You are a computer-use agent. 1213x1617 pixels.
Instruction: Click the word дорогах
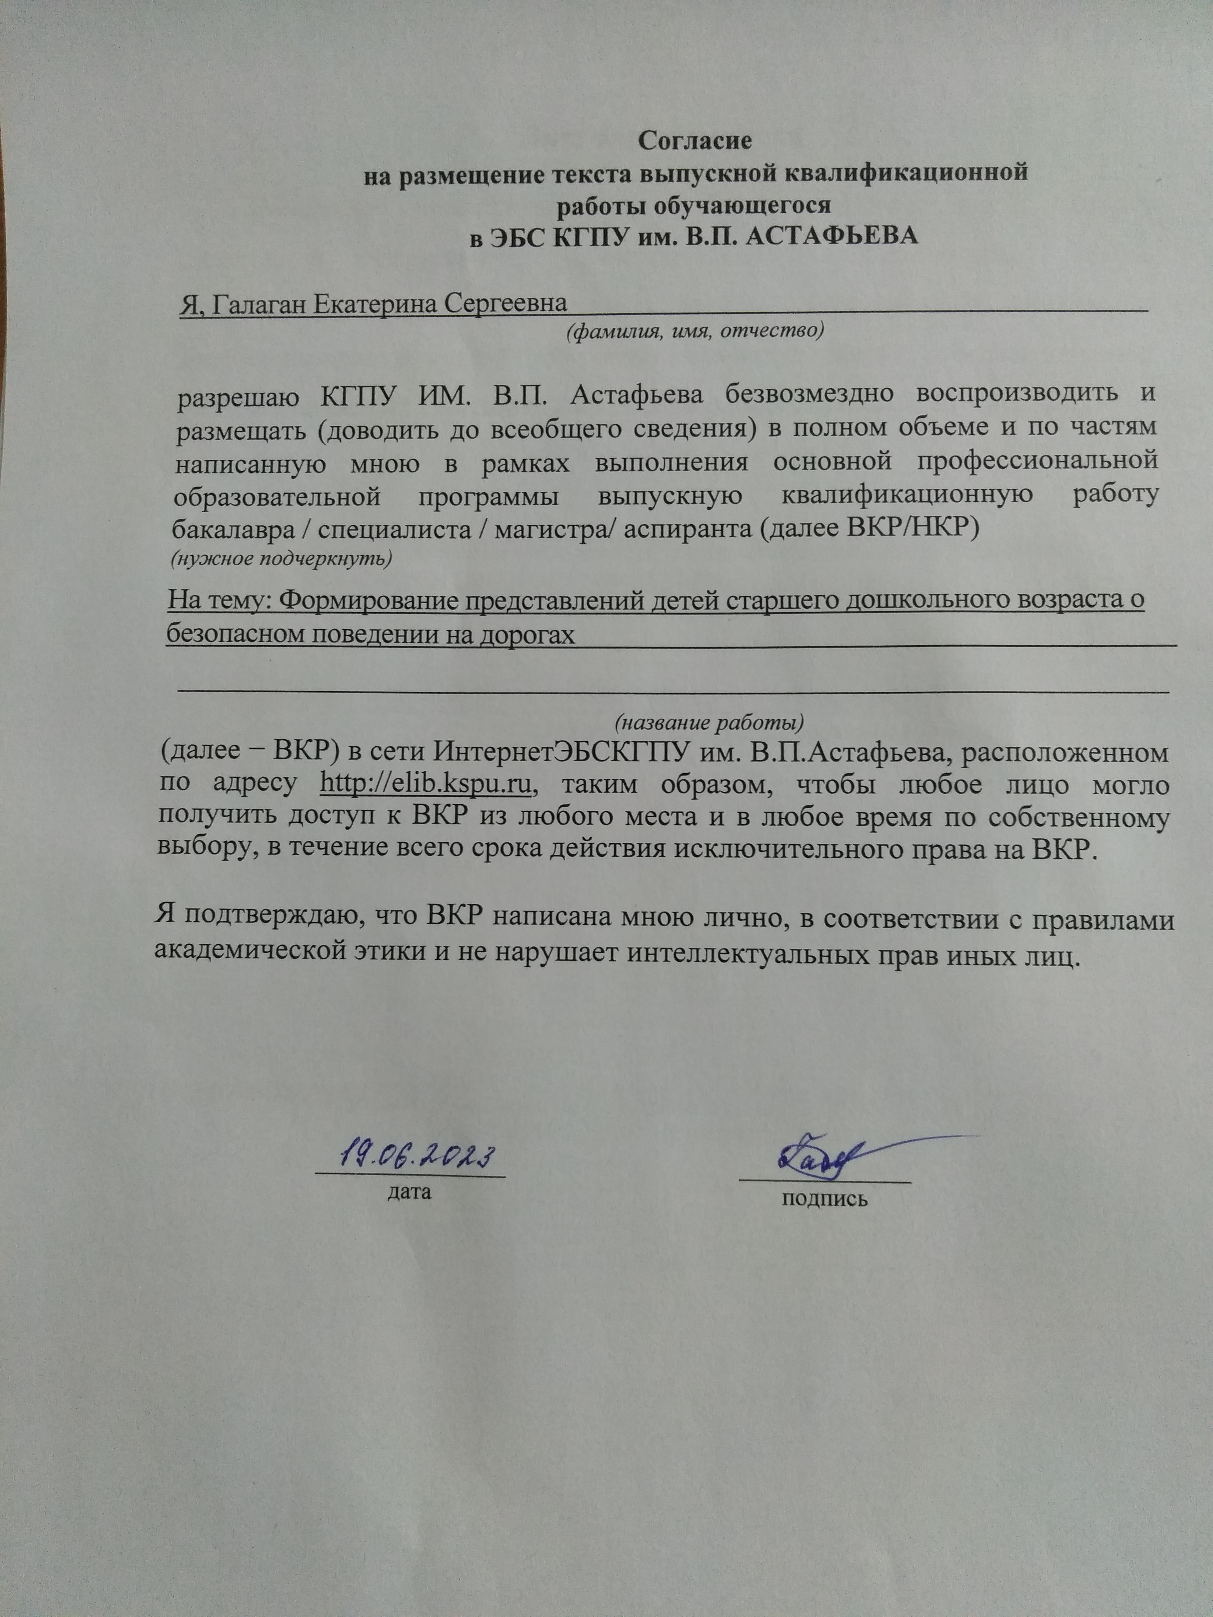[526, 634]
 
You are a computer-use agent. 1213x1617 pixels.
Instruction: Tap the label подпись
[825, 1199]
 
